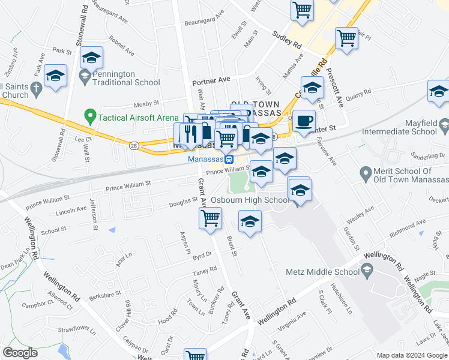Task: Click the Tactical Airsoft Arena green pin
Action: pos(90,114)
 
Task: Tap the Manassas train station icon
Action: pos(229,159)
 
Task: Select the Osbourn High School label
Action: pos(250,200)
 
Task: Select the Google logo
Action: pos(20,353)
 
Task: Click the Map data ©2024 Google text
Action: pos(412,355)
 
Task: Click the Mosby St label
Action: pos(146,104)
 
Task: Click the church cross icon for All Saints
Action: pos(37,90)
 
